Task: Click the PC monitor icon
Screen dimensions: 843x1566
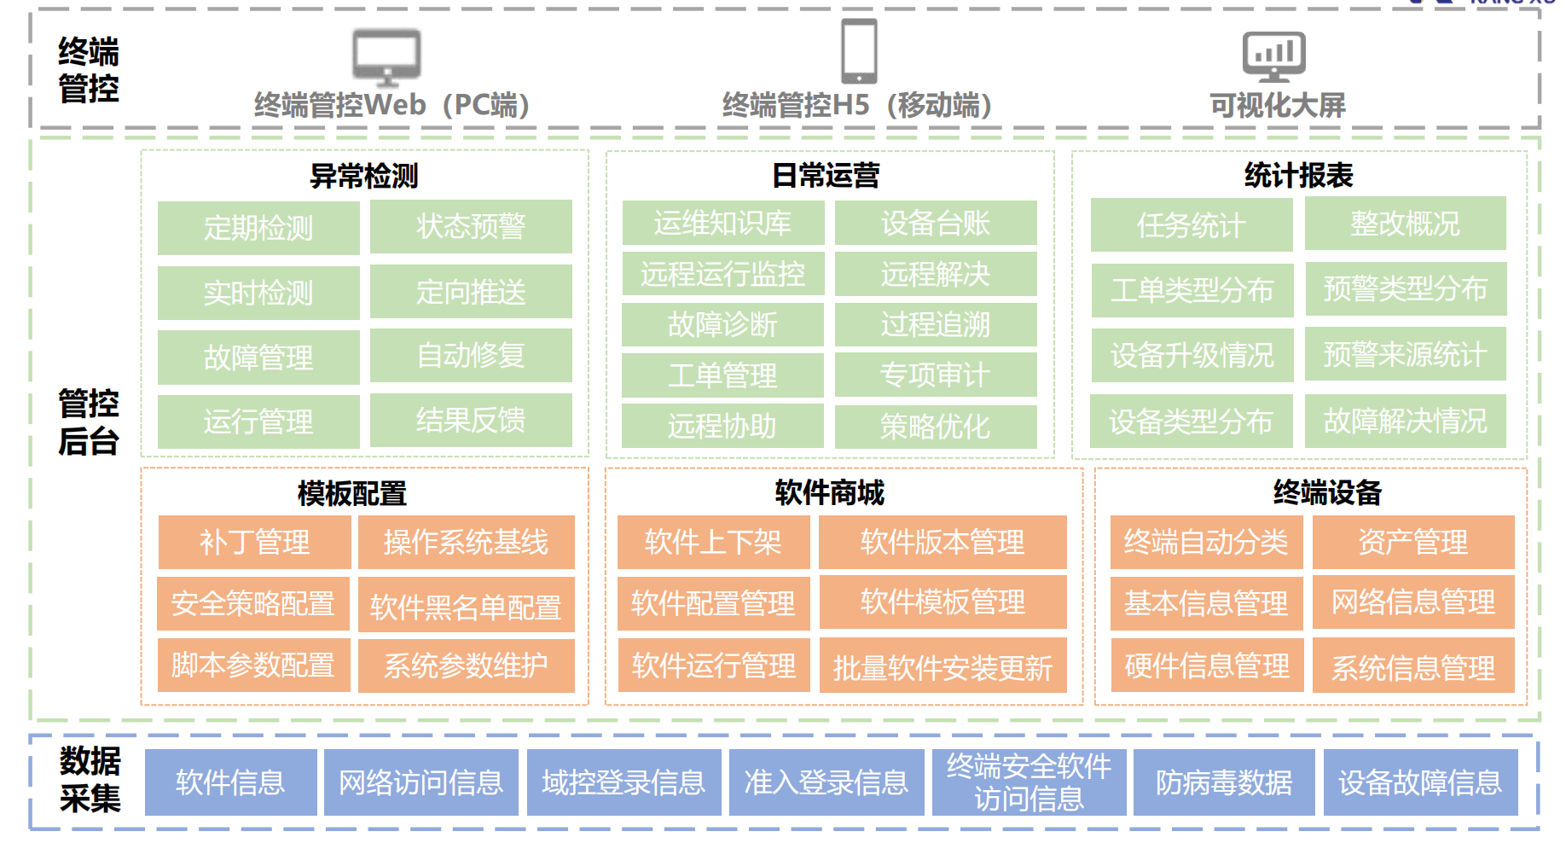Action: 386,56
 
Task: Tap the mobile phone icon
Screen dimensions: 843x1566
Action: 858,51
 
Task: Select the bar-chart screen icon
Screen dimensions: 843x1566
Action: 1273,56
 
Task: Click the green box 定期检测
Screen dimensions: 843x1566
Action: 258,228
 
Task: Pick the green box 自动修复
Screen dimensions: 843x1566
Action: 471,355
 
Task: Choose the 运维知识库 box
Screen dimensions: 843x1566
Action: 722,223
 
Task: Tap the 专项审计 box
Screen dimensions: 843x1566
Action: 936,375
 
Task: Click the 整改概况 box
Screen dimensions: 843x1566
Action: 1405,224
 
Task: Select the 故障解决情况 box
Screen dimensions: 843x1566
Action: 1405,421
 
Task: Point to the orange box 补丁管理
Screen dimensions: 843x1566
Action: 254,542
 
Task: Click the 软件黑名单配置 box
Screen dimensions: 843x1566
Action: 466,606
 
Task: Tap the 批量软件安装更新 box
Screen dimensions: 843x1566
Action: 942,666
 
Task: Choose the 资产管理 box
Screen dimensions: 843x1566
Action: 1412,542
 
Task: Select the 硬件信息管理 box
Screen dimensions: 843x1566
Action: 1206,666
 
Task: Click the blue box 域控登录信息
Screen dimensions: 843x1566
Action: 623,782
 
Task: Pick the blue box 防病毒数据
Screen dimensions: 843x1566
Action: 1223,782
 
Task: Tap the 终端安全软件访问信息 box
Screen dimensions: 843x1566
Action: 1029,782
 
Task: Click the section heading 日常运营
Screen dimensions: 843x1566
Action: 826,176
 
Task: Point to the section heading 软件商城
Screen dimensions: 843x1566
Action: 829,492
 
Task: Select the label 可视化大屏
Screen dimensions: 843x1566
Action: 1277,106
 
